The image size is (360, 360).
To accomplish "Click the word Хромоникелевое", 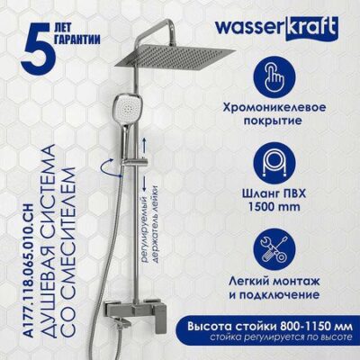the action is click(x=274, y=108).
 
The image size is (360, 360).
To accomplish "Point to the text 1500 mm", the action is click(x=274, y=207).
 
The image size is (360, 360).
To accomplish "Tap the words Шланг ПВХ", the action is click(x=274, y=193).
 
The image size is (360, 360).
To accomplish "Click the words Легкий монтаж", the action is click(x=274, y=282).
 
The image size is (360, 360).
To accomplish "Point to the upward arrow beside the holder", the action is click(x=146, y=146).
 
